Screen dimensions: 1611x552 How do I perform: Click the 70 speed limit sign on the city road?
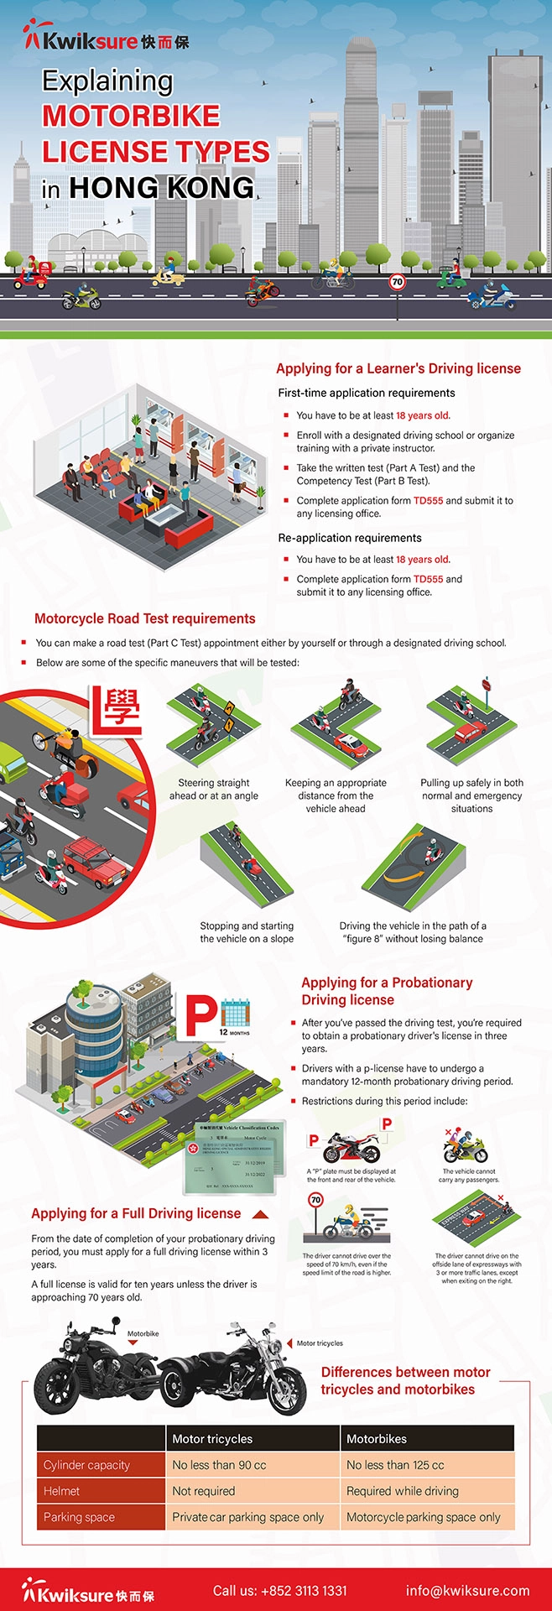(397, 283)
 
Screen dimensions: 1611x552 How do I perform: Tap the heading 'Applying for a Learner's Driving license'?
(398, 368)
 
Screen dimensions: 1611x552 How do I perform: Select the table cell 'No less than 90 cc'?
(219, 1465)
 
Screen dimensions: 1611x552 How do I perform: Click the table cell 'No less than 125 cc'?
(395, 1465)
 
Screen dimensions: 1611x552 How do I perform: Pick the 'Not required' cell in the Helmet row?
(204, 1491)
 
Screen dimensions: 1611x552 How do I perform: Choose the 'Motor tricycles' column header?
(212, 1439)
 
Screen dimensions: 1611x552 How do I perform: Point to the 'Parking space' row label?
(80, 1517)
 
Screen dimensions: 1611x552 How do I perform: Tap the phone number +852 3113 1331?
(279, 1590)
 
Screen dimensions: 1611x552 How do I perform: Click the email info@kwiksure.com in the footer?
(467, 1590)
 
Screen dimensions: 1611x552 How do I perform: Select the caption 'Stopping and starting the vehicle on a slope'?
(247, 932)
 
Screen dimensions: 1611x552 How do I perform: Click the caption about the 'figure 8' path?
(413, 932)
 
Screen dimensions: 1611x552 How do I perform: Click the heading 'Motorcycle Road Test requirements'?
(144, 618)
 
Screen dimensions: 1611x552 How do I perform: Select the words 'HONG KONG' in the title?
(161, 188)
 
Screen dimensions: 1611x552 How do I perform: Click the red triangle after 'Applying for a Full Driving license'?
(260, 1214)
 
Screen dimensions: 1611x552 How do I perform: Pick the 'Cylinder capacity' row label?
(86, 1465)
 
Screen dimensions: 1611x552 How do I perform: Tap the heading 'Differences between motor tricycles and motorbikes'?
(405, 1380)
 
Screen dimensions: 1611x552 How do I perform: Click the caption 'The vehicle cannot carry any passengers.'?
(469, 1176)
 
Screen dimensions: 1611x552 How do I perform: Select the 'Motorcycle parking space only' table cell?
(424, 1517)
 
